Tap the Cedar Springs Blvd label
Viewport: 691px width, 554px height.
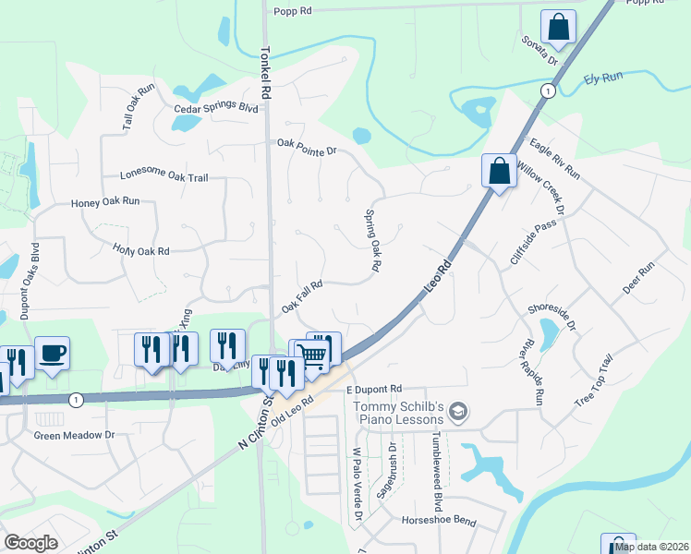coord(216,108)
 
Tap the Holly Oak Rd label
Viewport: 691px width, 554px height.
coord(141,250)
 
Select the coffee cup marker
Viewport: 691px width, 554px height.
coord(52,352)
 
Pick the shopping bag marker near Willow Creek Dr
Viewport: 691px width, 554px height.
coord(499,170)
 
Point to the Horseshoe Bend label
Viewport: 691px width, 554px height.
coord(439,522)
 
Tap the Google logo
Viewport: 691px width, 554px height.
coord(31,543)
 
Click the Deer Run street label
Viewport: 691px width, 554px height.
coord(638,278)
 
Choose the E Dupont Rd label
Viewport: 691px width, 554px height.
coord(376,390)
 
